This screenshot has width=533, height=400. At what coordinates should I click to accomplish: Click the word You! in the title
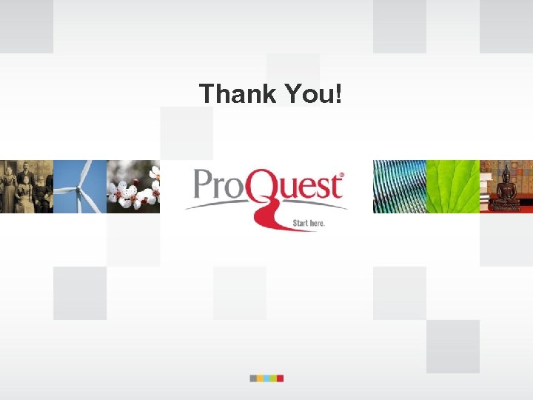tap(311, 94)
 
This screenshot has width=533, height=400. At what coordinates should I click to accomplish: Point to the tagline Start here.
tap(309, 222)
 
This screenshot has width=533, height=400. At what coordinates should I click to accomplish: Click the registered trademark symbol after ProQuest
tap(341, 176)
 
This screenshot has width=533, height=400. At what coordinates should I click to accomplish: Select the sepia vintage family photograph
tap(27, 187)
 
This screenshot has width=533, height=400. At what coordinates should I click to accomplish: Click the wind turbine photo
tap(80, 187)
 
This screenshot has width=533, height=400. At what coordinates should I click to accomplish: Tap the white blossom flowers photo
tap(133, 187)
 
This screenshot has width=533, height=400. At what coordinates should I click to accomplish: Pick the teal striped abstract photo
tap(400, 187)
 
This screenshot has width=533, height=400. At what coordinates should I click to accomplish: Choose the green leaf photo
tap(453, 187)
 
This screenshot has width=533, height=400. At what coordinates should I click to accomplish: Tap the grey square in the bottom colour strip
tap(253, 378)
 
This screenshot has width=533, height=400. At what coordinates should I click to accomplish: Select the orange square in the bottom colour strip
tap(260, 378)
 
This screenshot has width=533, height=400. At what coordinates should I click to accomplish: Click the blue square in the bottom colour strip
tap(266, 378)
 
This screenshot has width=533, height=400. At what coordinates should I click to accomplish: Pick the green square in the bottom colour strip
tap(273, 378)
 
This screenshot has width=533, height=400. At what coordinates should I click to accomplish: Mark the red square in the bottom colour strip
tap(280, 378)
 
